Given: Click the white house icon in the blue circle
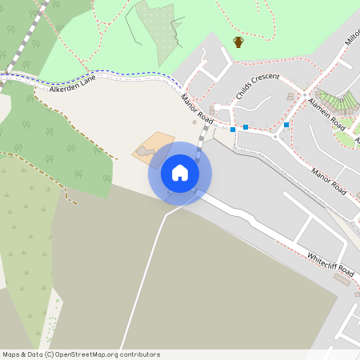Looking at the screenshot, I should [x=180, y=173].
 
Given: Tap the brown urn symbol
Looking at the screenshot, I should [x=238, y=42].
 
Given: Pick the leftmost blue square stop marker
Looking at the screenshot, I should [x=233, y=130].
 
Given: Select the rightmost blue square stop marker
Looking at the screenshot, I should [x=286, y=125].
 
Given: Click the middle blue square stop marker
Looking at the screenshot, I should [x=246, y=126].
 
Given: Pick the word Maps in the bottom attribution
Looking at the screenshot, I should [x=12, y=354].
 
